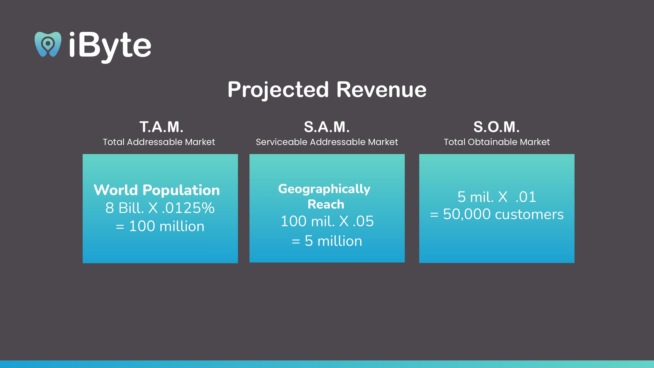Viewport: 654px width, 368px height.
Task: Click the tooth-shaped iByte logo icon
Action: tap(48, 44)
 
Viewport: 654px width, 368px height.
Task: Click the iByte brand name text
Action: tap(110, 47)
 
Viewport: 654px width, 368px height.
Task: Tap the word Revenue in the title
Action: tap(381, 89)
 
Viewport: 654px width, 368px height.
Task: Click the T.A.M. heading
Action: tap(161, 127)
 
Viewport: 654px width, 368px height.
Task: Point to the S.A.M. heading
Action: tap(327, 127)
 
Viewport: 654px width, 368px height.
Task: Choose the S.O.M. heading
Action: tap(496, 127)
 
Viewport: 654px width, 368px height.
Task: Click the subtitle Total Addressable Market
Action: tap(159, 142)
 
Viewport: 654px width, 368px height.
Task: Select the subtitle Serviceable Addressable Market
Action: tap(327, 142)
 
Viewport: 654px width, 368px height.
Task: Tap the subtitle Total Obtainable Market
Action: tap(497, 142)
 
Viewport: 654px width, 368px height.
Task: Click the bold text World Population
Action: tap(157, 190)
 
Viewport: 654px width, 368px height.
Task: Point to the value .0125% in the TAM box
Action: tap(188, 208)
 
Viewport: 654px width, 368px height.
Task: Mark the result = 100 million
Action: tap(160, 226)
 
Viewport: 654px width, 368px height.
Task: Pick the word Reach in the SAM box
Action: tap(326, 204)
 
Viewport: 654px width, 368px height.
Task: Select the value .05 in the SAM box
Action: tap(363, 221)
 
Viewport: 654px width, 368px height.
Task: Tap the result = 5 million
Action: tap(327, 241)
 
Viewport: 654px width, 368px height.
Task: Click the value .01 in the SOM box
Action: tap(526, 197)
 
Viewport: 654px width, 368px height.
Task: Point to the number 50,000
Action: tap(467, 214)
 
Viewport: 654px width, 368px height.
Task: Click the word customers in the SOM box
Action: tap(529, 214)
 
